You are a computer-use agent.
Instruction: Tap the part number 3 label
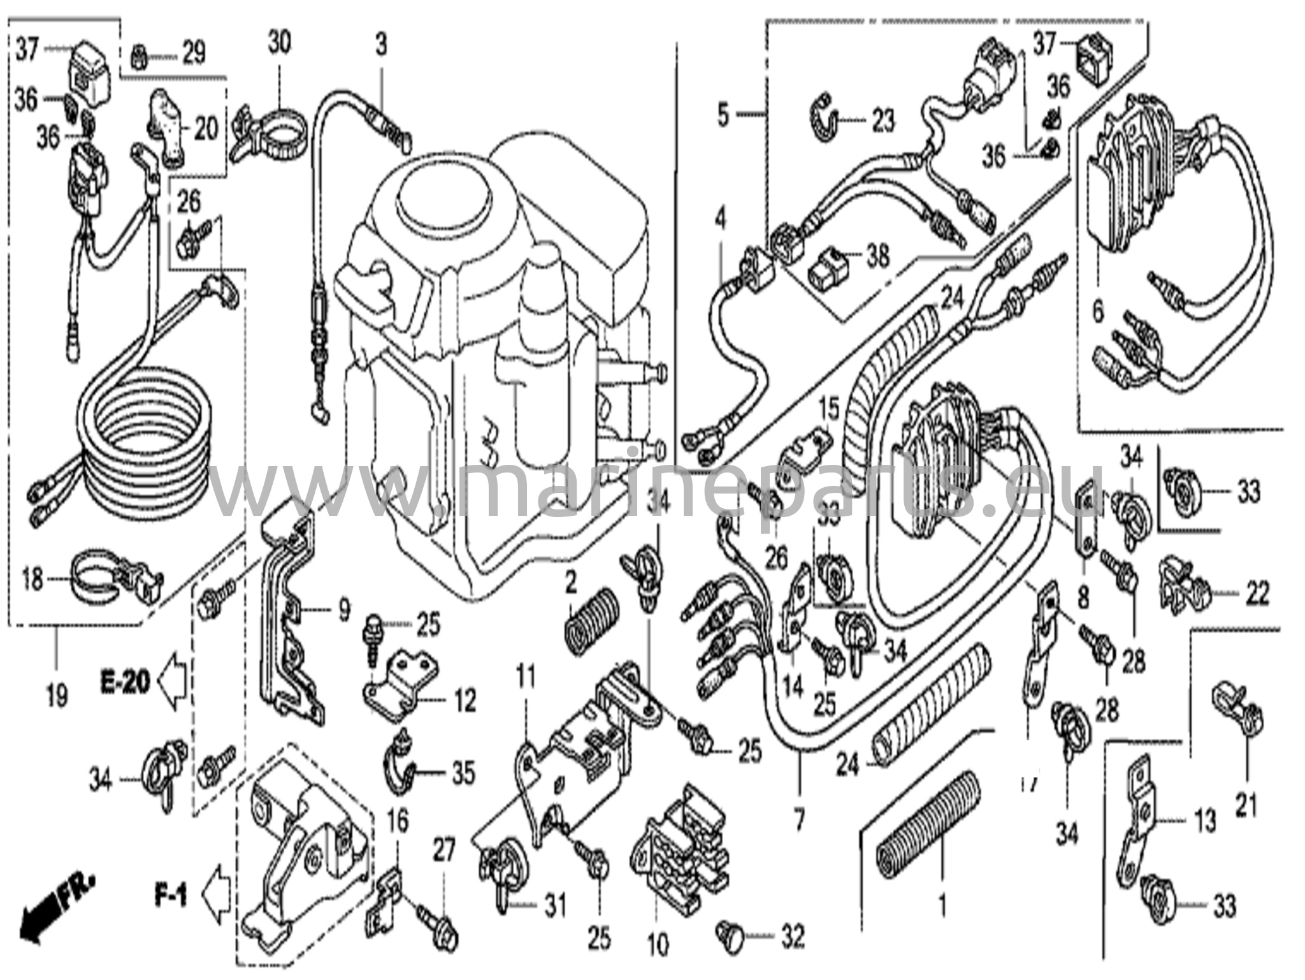point(380,45)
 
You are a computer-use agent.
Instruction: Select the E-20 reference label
point(125,682)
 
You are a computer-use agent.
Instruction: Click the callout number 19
point(56,695)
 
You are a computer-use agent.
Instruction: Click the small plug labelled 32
point(732,935)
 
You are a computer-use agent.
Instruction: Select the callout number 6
point(1097,312)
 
